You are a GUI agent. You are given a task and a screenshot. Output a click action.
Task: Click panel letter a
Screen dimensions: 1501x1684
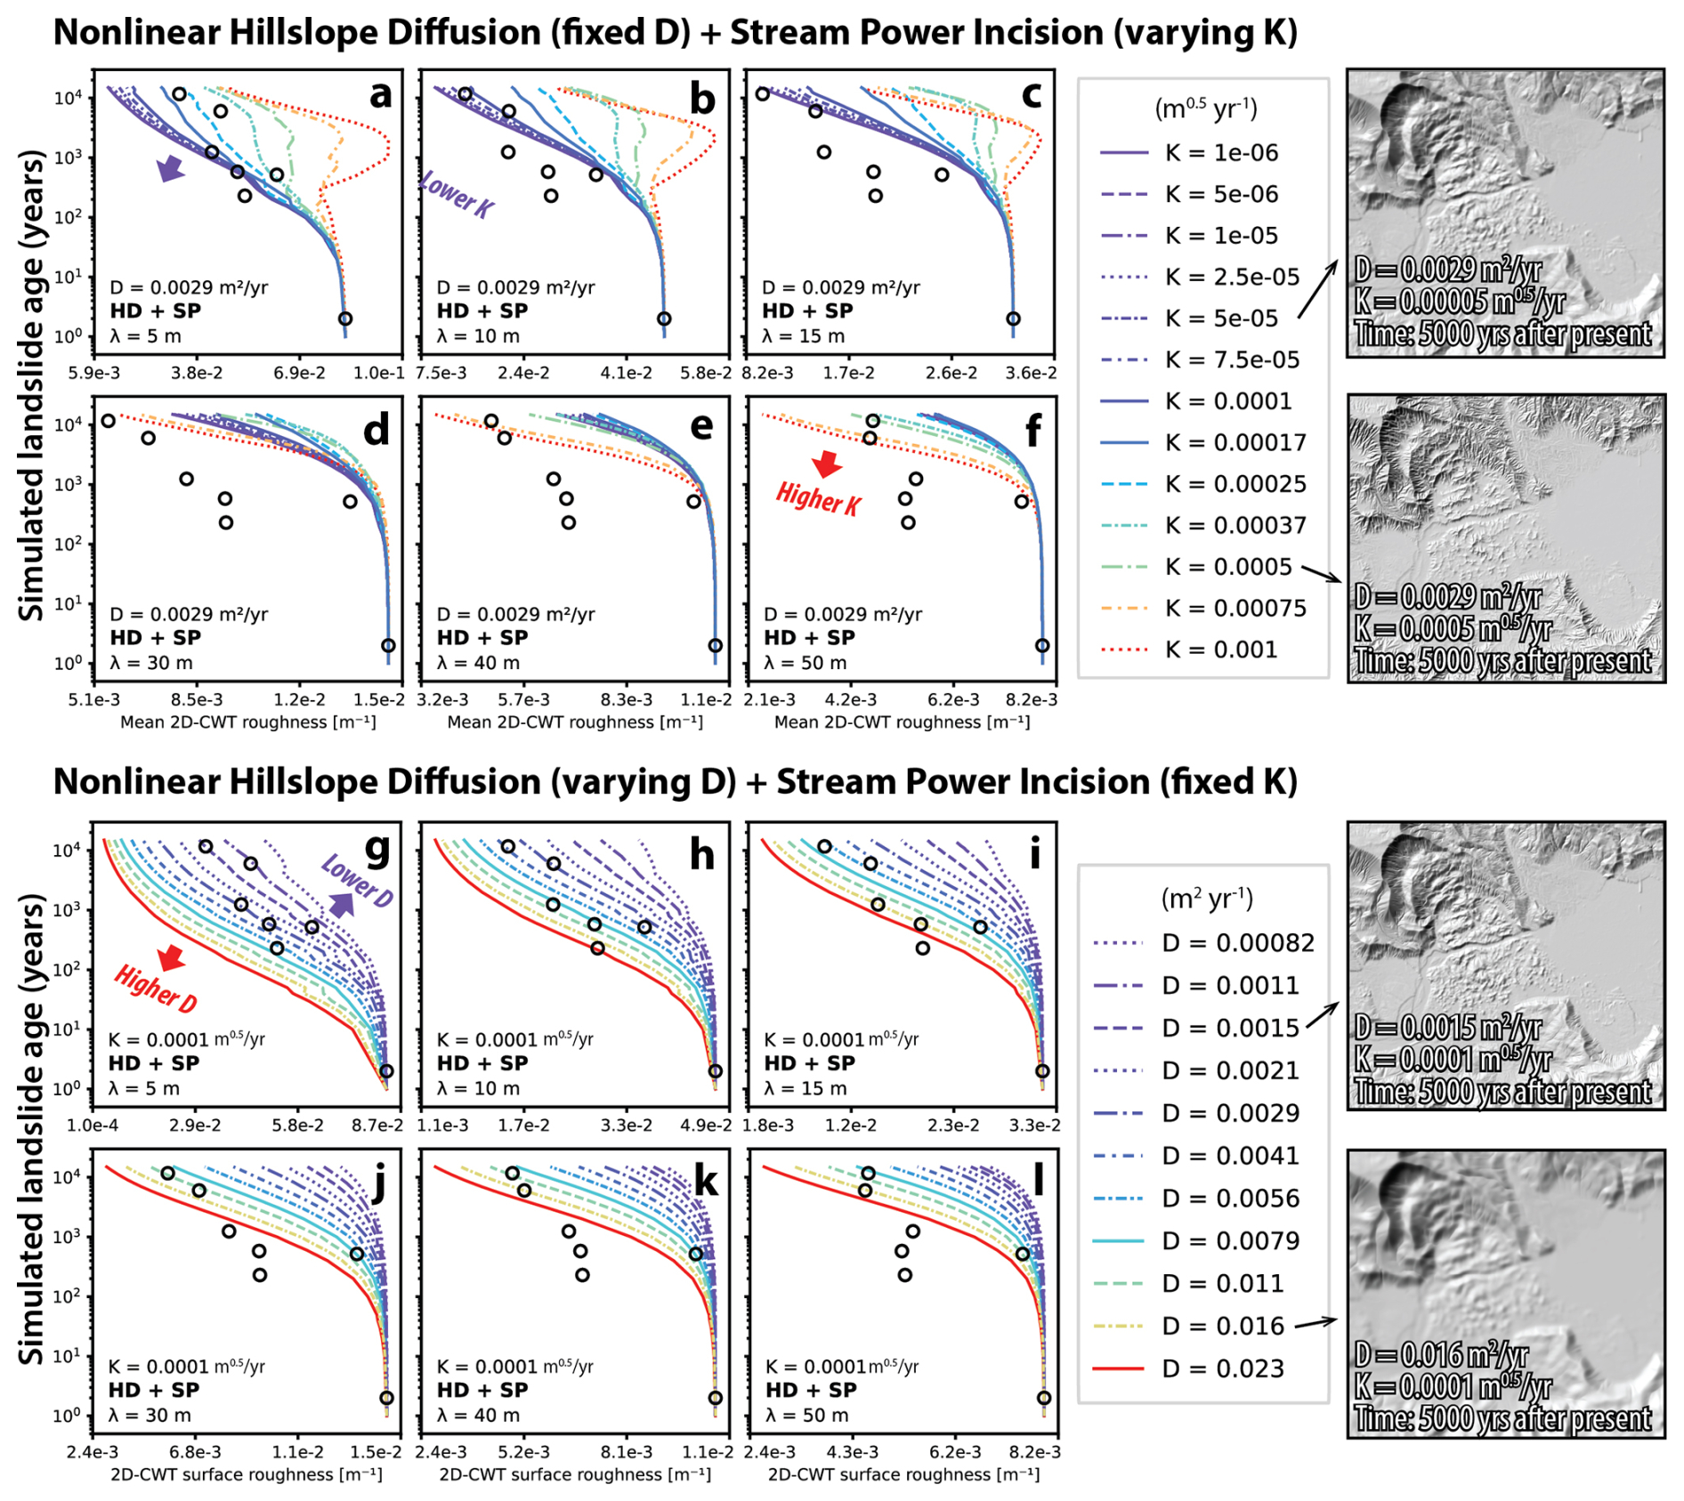point(380,94)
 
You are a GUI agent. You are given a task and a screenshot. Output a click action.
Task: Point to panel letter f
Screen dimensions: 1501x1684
point(1033,432)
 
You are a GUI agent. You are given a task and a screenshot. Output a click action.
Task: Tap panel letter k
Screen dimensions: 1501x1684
point(706,1182)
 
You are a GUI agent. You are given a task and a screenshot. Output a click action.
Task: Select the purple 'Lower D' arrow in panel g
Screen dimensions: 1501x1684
point(342,904)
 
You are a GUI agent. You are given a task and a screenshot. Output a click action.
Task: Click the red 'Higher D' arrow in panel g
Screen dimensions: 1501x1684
point(169,958)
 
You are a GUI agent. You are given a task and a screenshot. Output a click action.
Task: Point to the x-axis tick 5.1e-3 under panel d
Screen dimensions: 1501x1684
point(94,700)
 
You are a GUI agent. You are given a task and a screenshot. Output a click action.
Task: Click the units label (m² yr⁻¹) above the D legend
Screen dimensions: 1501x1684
point(1207,899)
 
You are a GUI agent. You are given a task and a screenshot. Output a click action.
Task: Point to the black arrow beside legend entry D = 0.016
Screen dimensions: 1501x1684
point(1316,1324)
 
